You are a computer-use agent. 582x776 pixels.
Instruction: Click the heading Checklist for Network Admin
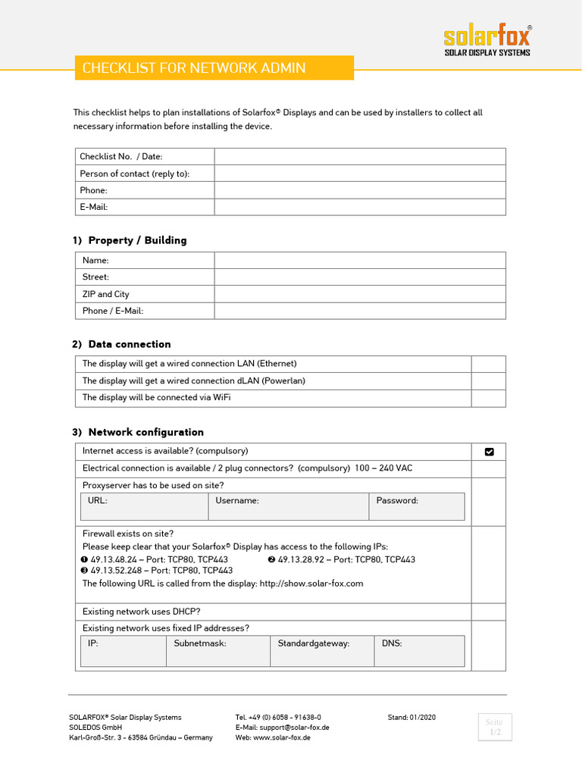click(x=194, y=68)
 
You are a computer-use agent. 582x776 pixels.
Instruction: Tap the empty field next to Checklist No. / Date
click(x=359, y=157)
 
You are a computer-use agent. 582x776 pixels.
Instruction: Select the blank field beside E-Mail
click(x=359, y=207)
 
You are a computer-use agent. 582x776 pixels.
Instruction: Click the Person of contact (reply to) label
click(x=135, y=174)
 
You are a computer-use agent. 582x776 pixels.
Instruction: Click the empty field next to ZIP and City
click(x=359, y=294)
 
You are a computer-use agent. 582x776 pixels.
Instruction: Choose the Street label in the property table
click(x=95, y=277)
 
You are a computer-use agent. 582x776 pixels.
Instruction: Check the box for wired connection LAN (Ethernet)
click(x=488, y=364)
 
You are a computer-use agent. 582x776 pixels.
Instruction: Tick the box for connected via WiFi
click(x=488, y=398)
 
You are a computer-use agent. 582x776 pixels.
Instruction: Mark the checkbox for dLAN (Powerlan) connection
click(x=488, y=381)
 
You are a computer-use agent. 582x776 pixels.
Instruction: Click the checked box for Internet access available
click(x=489, y=452)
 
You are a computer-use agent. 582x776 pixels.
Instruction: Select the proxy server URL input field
click(x=144, y=507)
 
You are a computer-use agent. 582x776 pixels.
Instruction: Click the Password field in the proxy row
click(x=417, y=507)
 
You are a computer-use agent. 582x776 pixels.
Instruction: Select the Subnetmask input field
click(x=217, y=651)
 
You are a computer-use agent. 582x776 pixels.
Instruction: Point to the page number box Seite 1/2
click(x=494, y=727)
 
